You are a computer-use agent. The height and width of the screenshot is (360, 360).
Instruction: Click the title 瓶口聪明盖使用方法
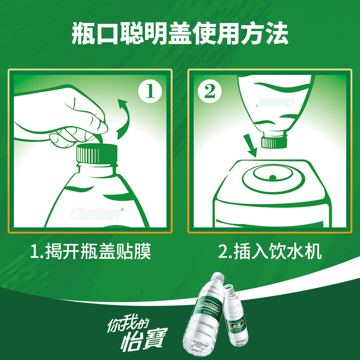pyautogui.click(x=180, y=34)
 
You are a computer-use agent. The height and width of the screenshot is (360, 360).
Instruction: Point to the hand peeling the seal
pyautogui.click(x=58, y=117)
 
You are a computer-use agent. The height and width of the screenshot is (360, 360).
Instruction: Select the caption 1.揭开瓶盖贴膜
pyautogui.click(x=90, y=252)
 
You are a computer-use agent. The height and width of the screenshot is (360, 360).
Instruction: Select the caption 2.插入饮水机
pyautogui.click(x=270, y=252)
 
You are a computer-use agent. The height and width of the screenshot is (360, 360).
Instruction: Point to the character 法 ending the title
pyautogui.click(x=276, y=34)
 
